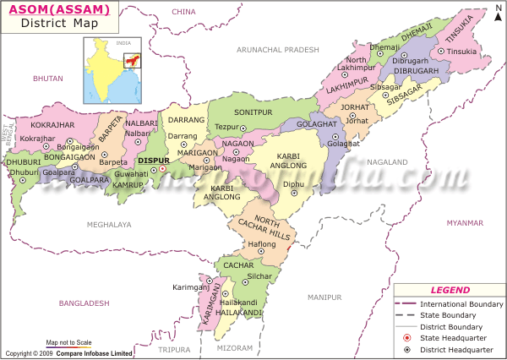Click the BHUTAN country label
(x=48, y=78)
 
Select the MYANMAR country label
(x=466, y=223)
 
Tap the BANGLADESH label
(x=84, y=303)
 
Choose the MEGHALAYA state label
(x=109, y=224)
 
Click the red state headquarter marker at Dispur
(x=163, y=169)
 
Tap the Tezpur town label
(x=227, y=127)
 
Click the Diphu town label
(x=293, y=183)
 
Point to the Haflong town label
(x=261, y=244)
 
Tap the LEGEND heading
(x=450, y=290)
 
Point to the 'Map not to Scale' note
(x=68, y=342)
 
